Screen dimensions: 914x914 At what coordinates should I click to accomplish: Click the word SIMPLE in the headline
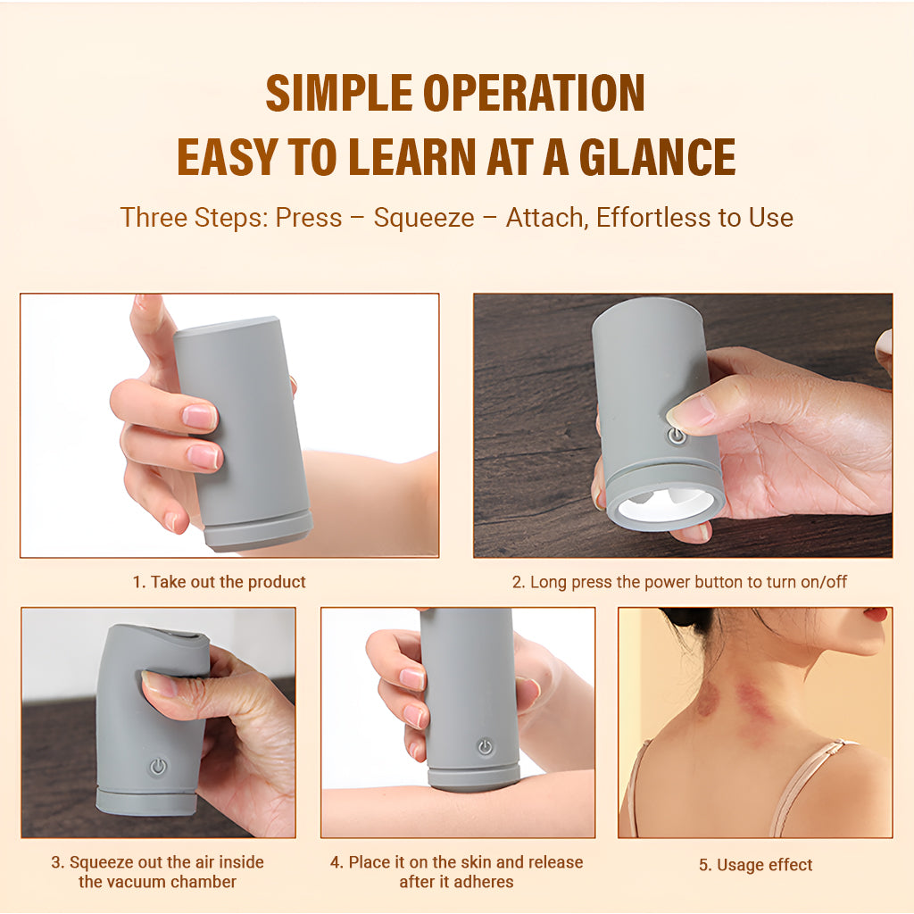tap(340, 92)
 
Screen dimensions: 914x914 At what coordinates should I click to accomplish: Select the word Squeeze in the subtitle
tap(424, 218)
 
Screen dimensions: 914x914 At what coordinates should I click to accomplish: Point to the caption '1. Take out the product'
tap(220, 582)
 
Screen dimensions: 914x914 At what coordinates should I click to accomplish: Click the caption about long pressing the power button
tap(679, 582)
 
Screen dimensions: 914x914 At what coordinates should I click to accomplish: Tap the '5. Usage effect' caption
tap(755, 864)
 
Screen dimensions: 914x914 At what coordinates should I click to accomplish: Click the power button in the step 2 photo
tap(677, 436)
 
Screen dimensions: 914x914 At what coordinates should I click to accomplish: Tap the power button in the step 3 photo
tap(159, 766)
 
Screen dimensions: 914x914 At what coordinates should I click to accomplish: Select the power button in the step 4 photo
tap(485, 747)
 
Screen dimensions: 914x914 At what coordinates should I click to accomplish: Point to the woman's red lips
tap(877, 614)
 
